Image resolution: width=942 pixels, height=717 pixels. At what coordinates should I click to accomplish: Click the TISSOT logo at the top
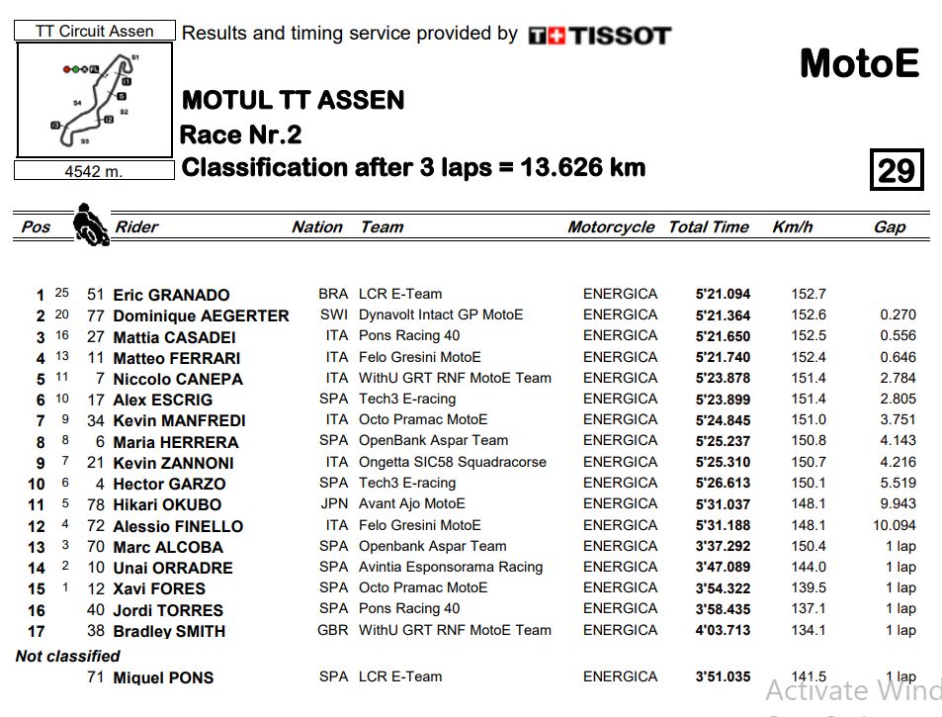[x=600, y=36]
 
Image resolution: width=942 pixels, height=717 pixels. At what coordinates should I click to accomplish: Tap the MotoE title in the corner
[x=859, y=64]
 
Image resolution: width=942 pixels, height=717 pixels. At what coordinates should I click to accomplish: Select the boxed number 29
[x=896, y=170]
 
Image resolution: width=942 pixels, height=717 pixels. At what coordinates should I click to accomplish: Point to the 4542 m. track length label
[x=94, y=171]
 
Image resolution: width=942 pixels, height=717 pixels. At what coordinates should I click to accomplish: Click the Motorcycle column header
[x=611, y=226]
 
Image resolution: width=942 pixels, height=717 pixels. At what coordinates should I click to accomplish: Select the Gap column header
[x=889, y=226]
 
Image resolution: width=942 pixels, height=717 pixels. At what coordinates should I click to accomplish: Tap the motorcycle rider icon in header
[x=91, y=224]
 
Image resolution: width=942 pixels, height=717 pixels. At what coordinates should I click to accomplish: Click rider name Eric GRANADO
[x=171, y=295]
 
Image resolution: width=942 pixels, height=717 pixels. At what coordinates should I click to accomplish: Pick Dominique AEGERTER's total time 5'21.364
[x=723, y=315]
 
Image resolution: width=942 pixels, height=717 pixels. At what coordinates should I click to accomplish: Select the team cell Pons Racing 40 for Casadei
[x=409, y=335]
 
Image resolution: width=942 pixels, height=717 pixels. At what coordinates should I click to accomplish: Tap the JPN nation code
[x=333, y=503]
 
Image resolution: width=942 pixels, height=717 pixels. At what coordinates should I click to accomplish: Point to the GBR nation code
[x=332, y=630]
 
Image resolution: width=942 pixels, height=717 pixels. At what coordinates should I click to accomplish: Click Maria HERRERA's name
[x=175, y=442]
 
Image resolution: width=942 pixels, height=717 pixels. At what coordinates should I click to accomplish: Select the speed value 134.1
[x=809, y=630]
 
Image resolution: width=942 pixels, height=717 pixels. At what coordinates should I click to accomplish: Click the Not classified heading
[x=67, y=656]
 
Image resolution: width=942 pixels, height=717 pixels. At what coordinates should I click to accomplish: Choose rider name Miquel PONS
[x=163, y=677]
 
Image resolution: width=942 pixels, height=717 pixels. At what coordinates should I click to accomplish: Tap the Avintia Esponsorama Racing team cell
[x=451, y=567]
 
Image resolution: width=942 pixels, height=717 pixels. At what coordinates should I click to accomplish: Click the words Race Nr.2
[x=240, y=134]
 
